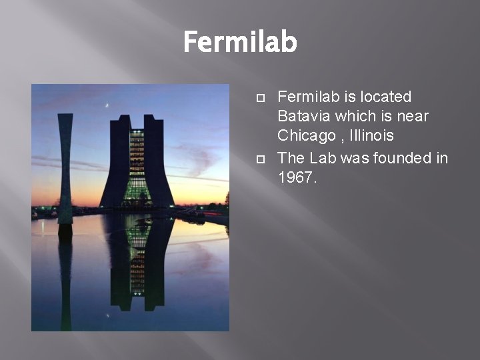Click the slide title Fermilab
click(240, 42)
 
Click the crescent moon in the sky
click(107, 105)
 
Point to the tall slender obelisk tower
click(65, 167)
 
